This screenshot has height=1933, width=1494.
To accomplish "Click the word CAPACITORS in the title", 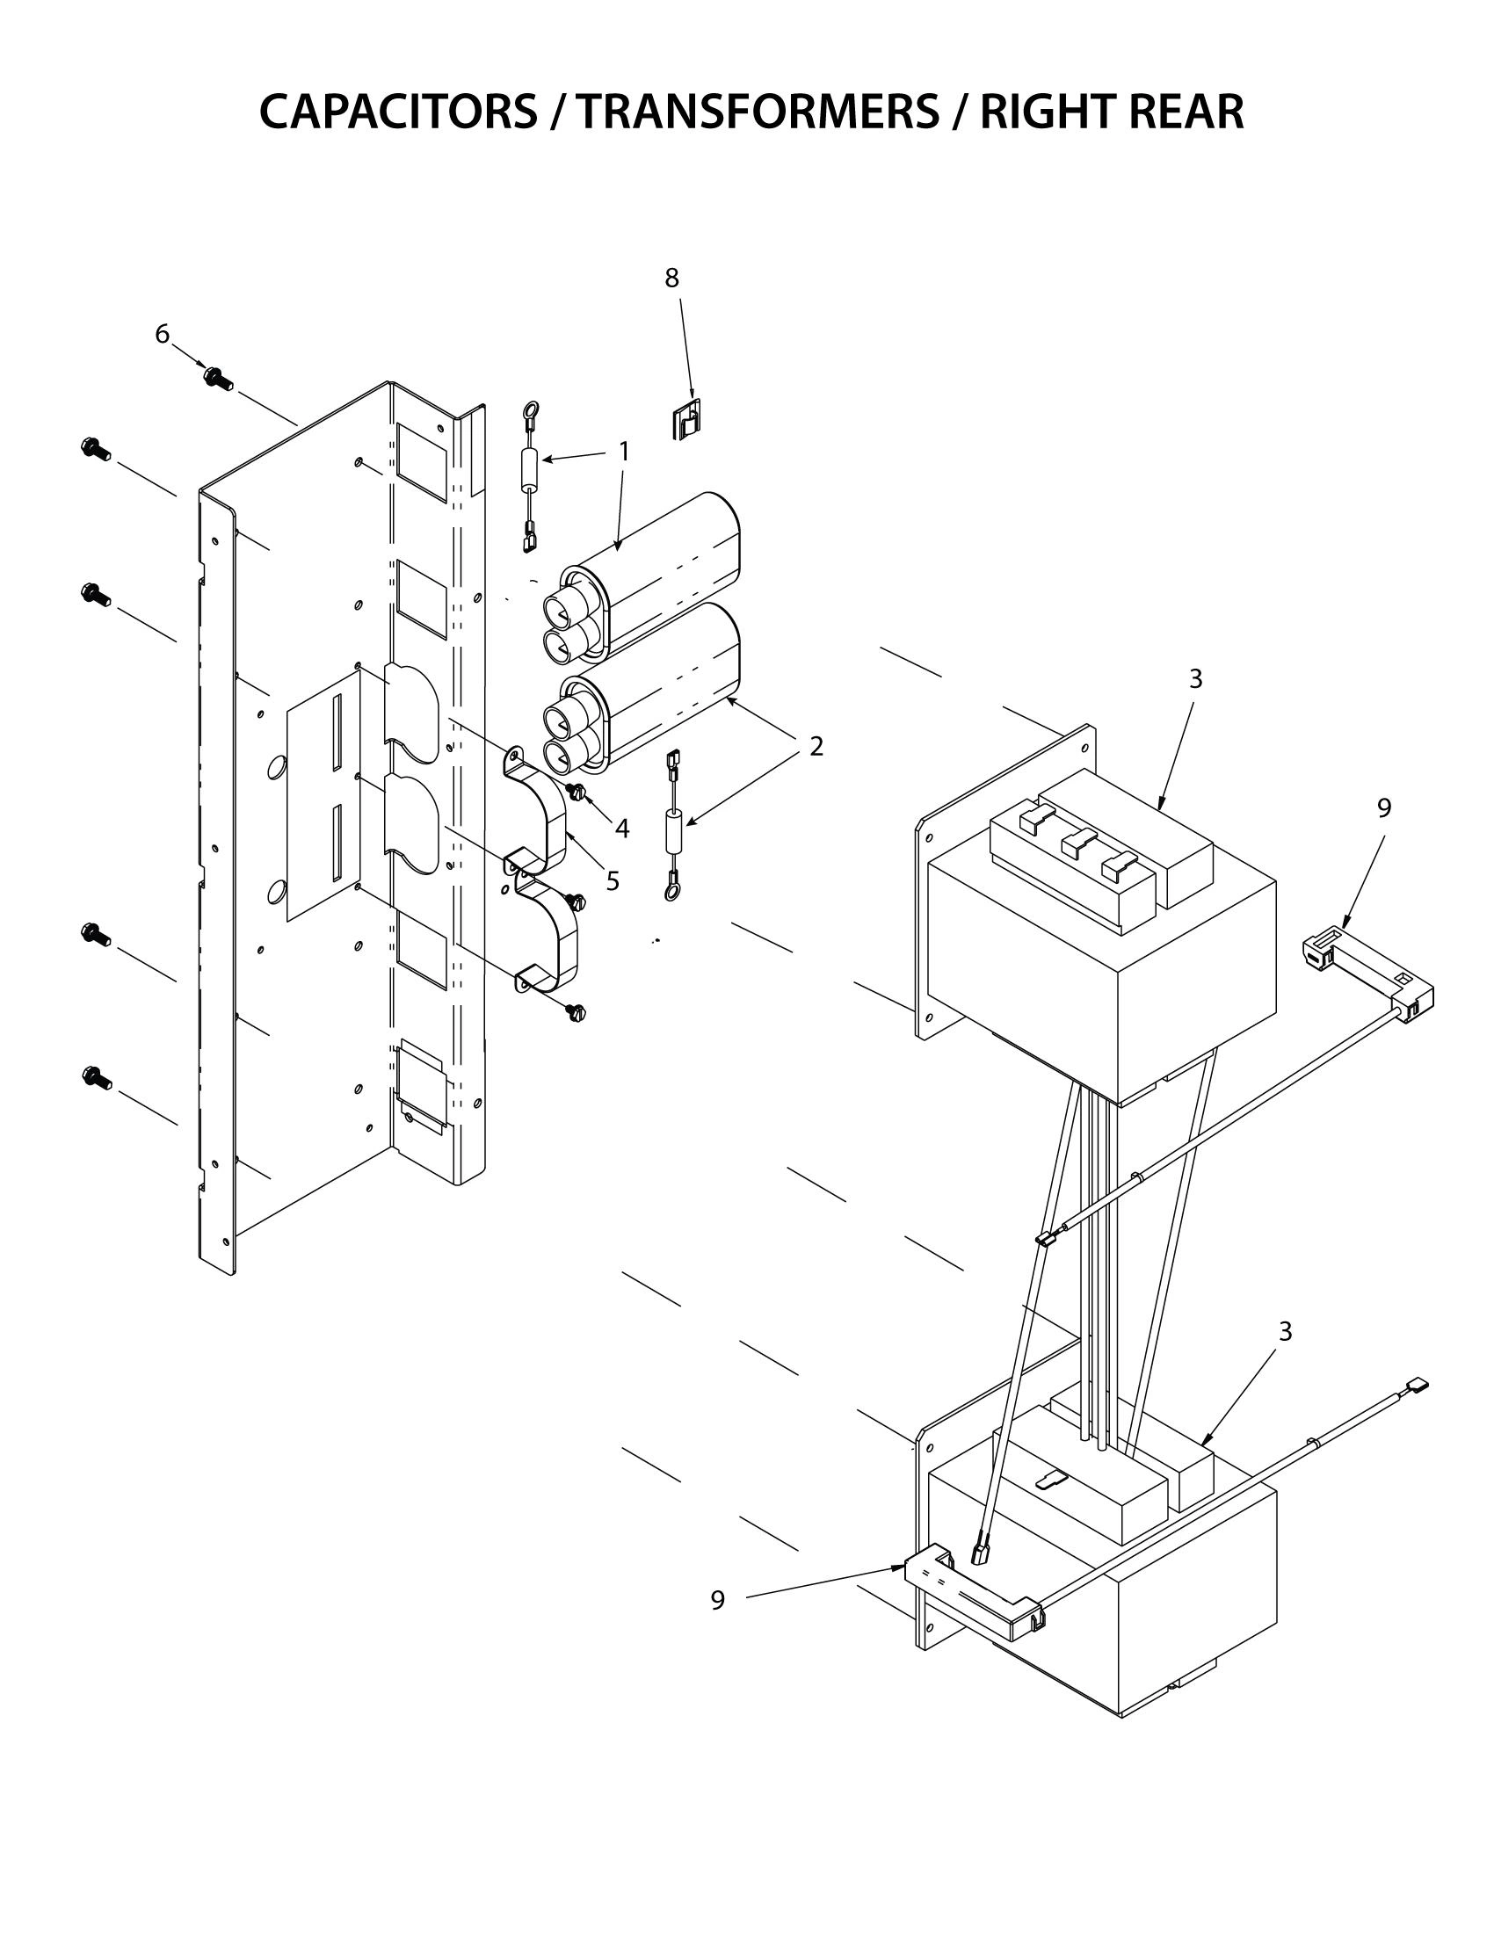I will [397, 112].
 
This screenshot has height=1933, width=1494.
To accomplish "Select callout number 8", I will [671, 278].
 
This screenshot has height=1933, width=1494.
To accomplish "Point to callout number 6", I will [162, 334].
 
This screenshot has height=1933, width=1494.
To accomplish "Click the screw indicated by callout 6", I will [217, 378].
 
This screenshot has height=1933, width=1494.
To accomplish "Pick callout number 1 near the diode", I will [623, 452].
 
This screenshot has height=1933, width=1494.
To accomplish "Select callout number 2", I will [816, 746].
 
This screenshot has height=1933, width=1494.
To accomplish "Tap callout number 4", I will [622, 829].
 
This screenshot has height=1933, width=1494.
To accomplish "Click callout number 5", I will [612, 880].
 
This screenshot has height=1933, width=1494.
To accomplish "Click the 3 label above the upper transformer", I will [1195, 679].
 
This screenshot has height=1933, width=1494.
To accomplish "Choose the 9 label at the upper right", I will [1384, 807].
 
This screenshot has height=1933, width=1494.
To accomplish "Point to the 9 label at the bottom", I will [717, 1600].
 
